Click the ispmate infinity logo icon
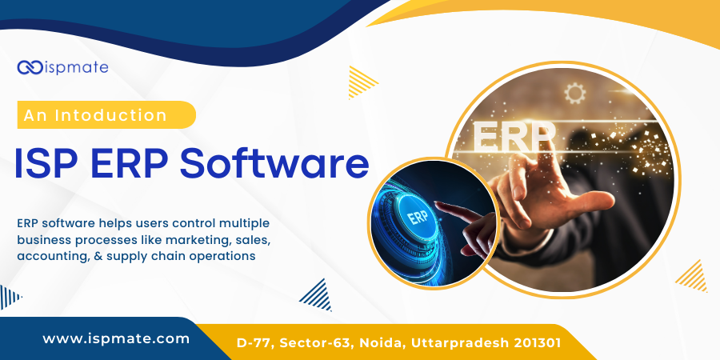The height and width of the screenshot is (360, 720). pyautogui.click(x=30, y=67)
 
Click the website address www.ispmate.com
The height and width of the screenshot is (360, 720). pyautogui.click(x=116, y=338)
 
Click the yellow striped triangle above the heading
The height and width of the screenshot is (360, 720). pyautogui.click(x=362, y=80)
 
